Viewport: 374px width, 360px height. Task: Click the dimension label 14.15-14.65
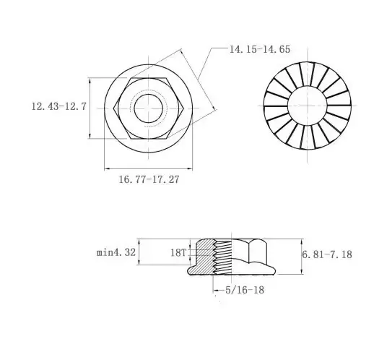coord(260,49)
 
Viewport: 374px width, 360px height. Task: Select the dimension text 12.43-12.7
coord(58,106)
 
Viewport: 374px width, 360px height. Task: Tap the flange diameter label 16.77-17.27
coord(149,179)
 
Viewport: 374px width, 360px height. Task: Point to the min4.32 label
coord(116,252)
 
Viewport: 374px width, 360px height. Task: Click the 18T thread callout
coord(178,253)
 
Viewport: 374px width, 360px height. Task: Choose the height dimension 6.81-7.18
coord(327,254)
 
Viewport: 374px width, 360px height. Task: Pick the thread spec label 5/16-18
coord(245,290)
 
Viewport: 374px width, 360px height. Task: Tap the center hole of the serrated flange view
coord(308,106)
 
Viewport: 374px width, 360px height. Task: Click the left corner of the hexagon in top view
coord(113,108)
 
